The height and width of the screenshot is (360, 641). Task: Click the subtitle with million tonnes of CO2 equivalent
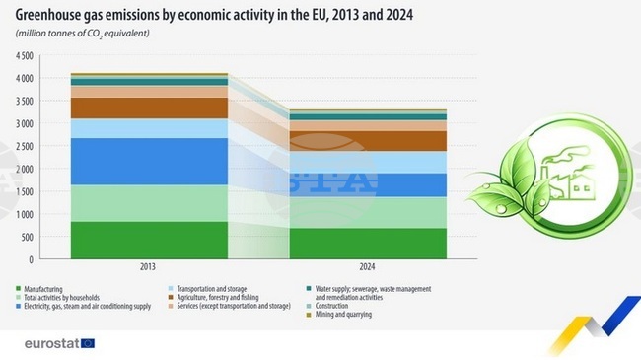(84, 34)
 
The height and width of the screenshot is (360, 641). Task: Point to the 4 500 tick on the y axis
(23, 55)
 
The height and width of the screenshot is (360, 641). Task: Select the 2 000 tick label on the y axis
(23, 169)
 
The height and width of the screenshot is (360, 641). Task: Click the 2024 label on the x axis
(366, 267)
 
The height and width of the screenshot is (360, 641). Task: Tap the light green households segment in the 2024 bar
(366, 212)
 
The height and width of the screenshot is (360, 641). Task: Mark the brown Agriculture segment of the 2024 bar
(366, 141)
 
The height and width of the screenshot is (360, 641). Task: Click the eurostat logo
(59, 342)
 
